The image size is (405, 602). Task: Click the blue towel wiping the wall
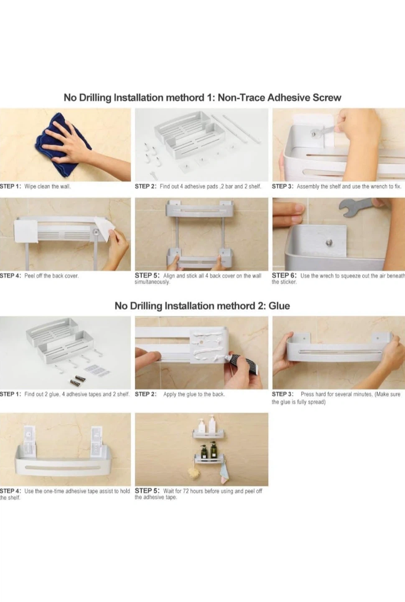tap(62, 145)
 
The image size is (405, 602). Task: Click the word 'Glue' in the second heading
tap(279, 306)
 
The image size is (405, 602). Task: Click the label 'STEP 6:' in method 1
tap(284, 275)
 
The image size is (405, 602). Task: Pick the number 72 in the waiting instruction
tap(186, 491)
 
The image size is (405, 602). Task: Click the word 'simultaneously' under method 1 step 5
tap(152, 282)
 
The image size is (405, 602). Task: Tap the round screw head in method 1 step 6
tap(329, 243)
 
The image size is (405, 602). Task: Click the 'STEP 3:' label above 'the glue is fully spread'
tap(283, 394)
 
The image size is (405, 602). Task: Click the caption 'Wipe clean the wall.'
tap(48, 186)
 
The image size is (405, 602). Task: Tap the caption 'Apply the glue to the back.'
tap(194, 394)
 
